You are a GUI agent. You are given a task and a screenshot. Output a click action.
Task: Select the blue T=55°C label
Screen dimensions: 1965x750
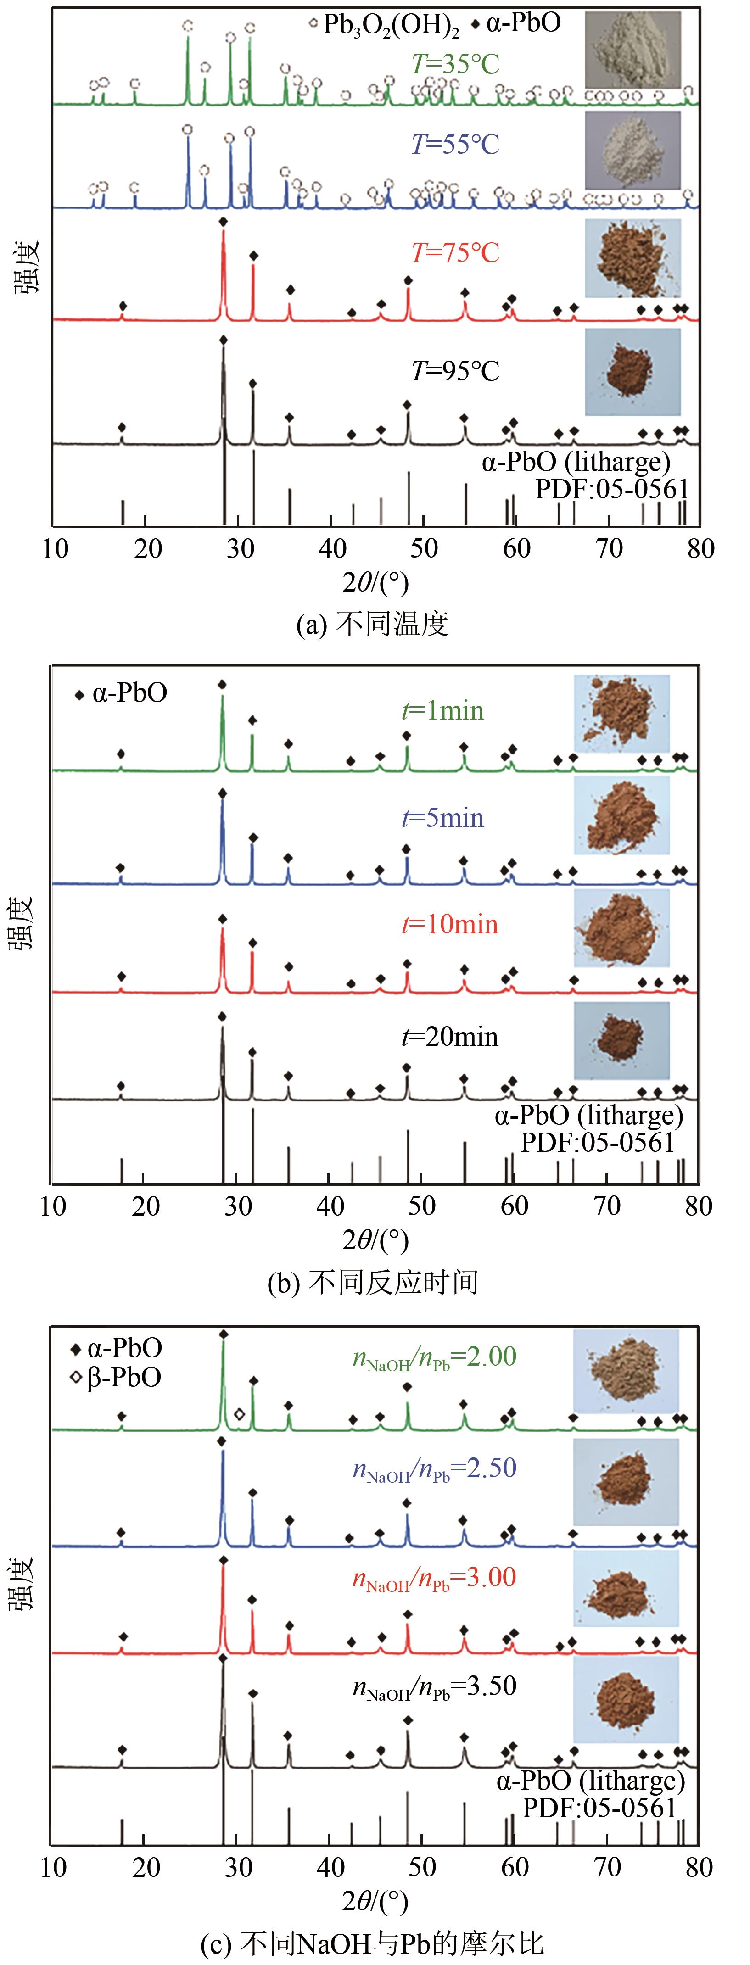click(455, 144)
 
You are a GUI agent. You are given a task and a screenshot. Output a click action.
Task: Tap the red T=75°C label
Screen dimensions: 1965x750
click(455, 252)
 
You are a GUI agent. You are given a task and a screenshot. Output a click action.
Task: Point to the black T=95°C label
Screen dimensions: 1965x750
click(455, 372)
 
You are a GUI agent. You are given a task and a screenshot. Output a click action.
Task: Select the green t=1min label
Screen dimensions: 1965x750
click(442, 710)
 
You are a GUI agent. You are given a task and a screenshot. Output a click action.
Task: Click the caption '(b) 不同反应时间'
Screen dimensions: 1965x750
click(372, 1282)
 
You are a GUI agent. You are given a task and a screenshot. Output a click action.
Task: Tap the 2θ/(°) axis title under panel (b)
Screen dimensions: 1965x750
click(375, 1241)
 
